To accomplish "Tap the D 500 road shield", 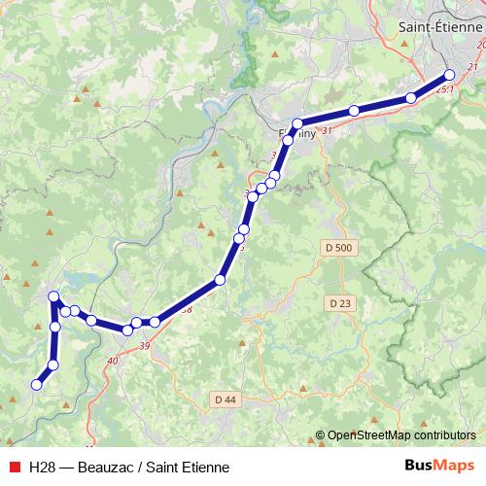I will pyautogui.click(x=338, y=248).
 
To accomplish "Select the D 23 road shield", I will pyautogui.click(x=339, y=303).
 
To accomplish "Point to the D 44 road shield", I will pyautogui.click(x=225, y=399).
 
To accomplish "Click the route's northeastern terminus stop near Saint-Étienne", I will pyautogui.click(x=449, y=75).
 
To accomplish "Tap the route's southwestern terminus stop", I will pyautogui.click(x=37, y=385).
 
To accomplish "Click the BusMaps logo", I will pyautogui.click(x=442, y=466).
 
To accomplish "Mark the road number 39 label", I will pyautogui.click(x=145, y=346).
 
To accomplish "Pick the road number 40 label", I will pyautogui.click(x=113, y=362).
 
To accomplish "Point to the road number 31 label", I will pyautogui.click(x=326, y=130).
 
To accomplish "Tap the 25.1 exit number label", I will pyautogui.click(x=447, y=88).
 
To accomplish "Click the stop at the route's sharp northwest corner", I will pyautogui.click(x=54, y=296).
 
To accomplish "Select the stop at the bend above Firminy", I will pyautogui.click(x=298, y=124).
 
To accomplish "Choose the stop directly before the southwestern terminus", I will pyautogui.click(x=53, y=364).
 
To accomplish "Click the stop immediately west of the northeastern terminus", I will pyautogui.click(x=411, y=97).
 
